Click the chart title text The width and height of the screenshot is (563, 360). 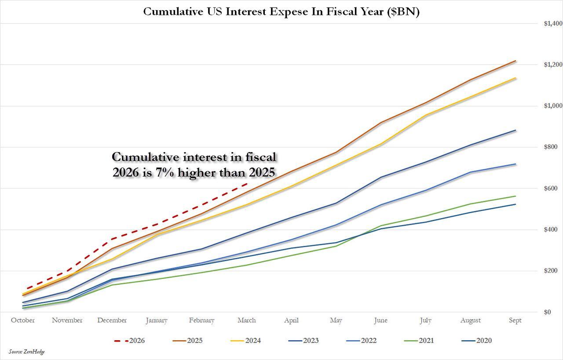click(x=281, y=11)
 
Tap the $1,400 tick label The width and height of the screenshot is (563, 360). click(x=553, y=23)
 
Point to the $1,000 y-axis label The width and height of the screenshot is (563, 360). click(x=553, y=106)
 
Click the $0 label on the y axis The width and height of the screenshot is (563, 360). click(x=547, y=312)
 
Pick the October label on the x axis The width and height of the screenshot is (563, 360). click(x=22, y=320)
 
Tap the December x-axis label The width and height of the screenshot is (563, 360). click(x=112, y=320)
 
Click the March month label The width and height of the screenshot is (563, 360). click(x=246, y=320)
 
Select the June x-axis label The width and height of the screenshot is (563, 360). click(x=380, y=320)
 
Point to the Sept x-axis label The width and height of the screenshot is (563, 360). click(x=515, y=320)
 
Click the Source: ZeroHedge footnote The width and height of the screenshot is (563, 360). click(x=26, y=352)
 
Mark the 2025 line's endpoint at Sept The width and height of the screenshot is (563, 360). click(x=515, y=61)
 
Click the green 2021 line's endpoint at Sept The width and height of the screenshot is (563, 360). click(x=515, y=196)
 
